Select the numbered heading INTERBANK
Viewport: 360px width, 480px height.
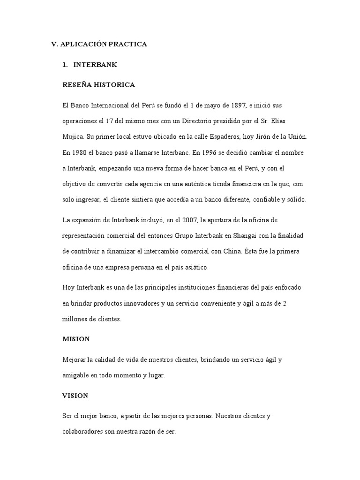pos(95,65)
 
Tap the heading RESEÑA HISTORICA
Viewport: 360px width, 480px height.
pos(98,85)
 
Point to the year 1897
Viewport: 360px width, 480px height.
pos(236,104)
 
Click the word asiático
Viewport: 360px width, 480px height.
pos(197,267)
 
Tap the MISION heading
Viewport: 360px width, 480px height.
pos(76,338)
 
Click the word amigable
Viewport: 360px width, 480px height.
pos(76,375)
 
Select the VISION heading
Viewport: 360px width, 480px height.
pos(75,396)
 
